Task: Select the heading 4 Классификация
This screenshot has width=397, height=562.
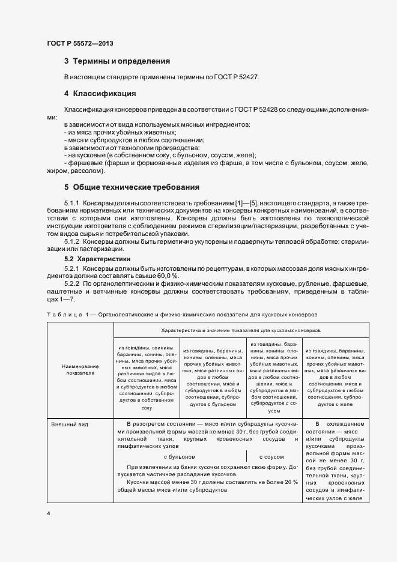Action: click(100, 94)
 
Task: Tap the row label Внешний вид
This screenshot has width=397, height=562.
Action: click(70, 424)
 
